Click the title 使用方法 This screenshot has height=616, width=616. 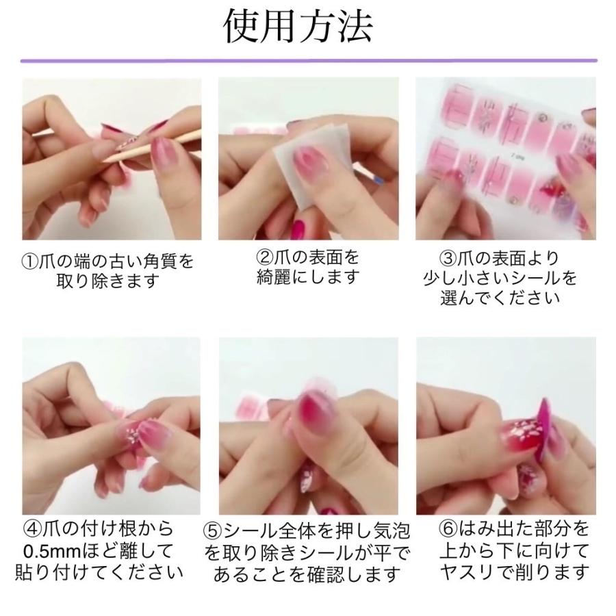pyautogui.click(x=298, y=26)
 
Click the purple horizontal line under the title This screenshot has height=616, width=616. pyautogui.click(x=309, y=61)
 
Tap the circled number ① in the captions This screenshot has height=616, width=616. pyautogui.click(x=29, y=261)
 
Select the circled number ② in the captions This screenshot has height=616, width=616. pyautogui.click(x=264, y=258)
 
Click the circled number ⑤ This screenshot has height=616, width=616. pyautogui.click(x=213, y=531)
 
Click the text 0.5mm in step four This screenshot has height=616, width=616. pyautogui.click(x=51, y=552)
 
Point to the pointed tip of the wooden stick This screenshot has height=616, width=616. pyautogui.click(x=103, y=161)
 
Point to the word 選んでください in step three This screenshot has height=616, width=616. pyautogui.click(x=500, y=298)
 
